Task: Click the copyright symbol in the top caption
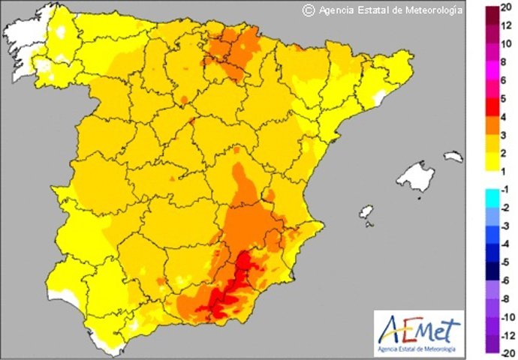[x=308, y=10]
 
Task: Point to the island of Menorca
[x=453, y=157]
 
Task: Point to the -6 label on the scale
[x=506, y=280]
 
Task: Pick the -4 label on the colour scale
[x=506, y=243]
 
